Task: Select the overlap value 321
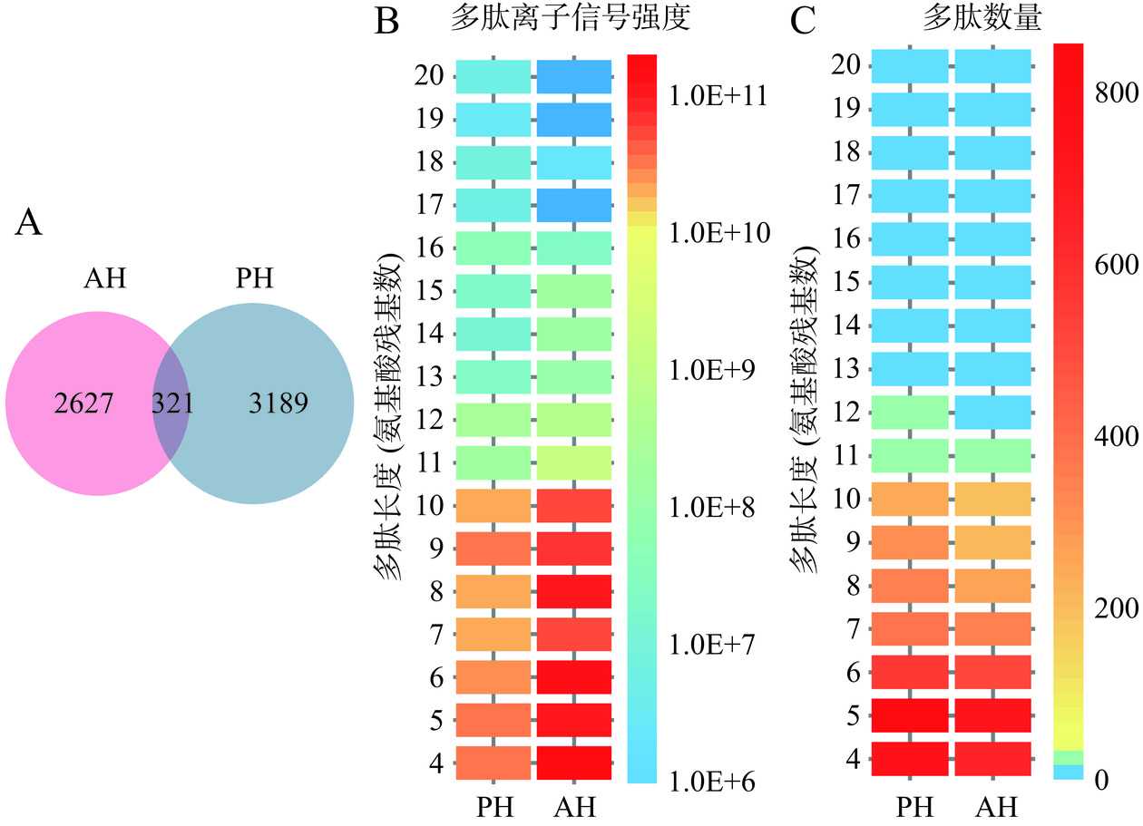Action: click(172, 403)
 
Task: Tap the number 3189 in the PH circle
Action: click(278, 403)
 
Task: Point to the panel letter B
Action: click(387, 21)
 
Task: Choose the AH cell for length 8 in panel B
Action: click(573, 591)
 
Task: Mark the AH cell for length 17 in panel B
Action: click(573, 205)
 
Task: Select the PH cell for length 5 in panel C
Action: click(910, 714)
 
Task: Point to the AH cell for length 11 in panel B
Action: click(573, 462)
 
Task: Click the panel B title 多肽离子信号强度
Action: click(571, 20)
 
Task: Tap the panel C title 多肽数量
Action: click(994, 20)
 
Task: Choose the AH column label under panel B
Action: click(573, 805)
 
